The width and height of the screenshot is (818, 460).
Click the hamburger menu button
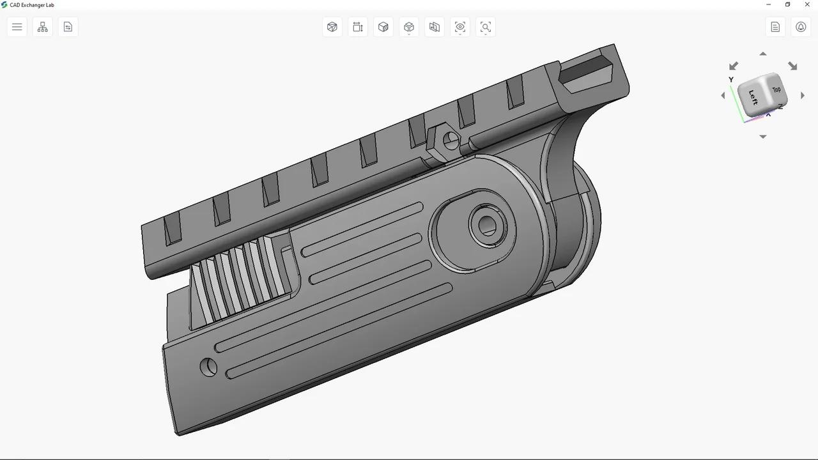coord(17,27)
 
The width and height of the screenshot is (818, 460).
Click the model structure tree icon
coord(43,27)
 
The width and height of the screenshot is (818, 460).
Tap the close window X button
coord(806,5)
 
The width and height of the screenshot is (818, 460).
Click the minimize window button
coord(769,5)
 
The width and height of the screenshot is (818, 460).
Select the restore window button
coord(787,5)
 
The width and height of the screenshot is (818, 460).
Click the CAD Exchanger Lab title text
coord(31,5)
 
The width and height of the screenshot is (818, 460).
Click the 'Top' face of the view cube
coord(776,90)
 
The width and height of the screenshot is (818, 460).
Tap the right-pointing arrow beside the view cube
coord(803,96)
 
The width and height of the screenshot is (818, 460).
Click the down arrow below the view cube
coord(762,137)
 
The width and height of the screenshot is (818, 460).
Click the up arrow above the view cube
coord(762,54)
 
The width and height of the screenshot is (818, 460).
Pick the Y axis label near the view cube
coord(731,80)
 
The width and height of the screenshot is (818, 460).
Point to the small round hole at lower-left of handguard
coord(208,367)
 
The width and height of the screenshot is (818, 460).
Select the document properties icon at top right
coord(775,27)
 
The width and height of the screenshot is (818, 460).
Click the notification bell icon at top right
coord(801,27)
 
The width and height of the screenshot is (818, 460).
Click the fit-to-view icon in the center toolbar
coord(486,27)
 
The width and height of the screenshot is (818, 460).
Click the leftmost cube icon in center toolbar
coord(332,27)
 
